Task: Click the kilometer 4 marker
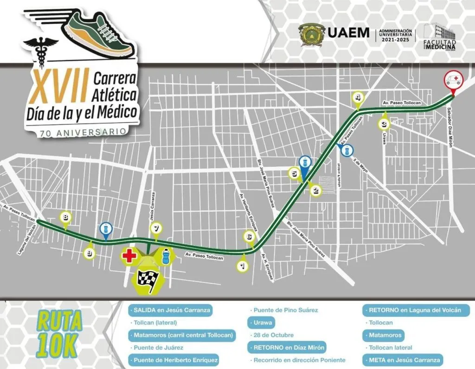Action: point(358,98)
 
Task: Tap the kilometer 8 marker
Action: point(66,216)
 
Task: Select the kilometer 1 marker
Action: point(241,266)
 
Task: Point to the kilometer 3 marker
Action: point(384,124)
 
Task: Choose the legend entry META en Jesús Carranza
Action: point(403,360)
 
